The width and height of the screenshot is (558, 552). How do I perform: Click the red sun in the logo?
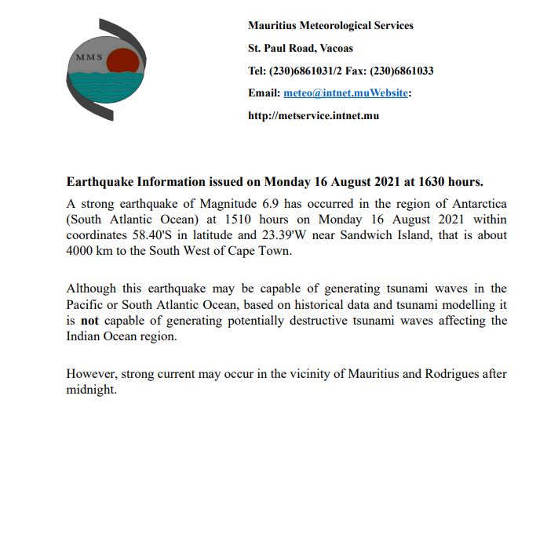tap(122, 61)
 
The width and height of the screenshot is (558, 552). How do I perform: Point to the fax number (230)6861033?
tap(403, 71)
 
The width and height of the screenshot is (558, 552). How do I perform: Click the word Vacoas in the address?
tap(335, 48)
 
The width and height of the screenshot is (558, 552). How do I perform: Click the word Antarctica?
tap(476, 204)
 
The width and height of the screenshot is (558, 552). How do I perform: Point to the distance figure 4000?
tap(82, 251)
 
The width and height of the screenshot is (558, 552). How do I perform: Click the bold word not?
tap(89, 321)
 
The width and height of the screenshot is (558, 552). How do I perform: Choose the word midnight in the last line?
tap(91, 390)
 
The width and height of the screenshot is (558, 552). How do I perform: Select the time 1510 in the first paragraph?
tap(240, 220)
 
